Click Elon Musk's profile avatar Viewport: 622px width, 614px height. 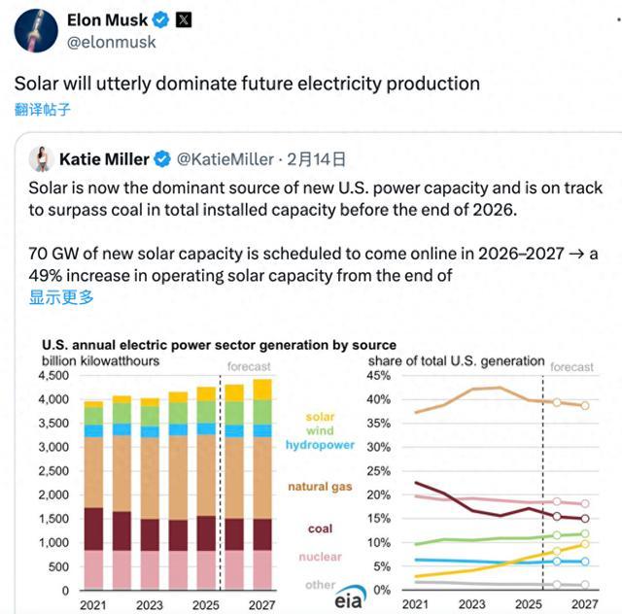point(34,31)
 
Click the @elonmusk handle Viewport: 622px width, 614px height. point(111,42)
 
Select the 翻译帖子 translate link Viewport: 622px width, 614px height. point(42,109)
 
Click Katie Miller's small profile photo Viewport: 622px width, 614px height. point(40,159)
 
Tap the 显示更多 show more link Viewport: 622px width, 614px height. point(61,297)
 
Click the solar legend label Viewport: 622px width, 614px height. point(320,416)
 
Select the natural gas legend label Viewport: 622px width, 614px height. point(320,486)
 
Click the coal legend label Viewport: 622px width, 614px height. point(320,529)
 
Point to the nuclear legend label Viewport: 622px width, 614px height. point(320,557)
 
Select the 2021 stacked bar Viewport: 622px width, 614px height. point(93,495)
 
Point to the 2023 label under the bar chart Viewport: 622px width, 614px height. point(149,604)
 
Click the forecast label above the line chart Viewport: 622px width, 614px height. point(571,367)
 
